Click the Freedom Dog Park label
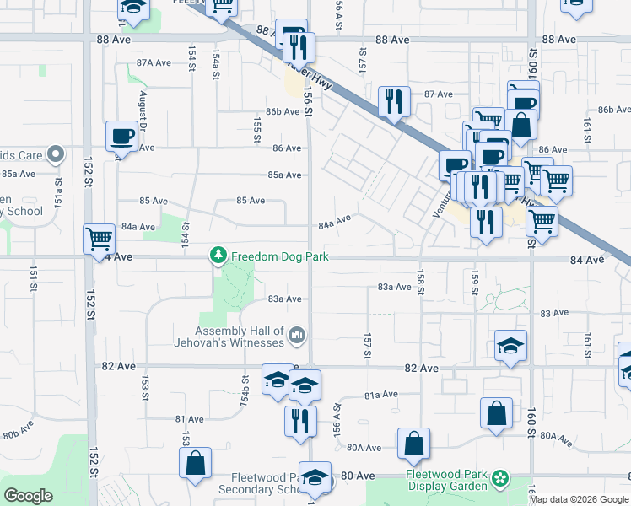[x=279, y=256]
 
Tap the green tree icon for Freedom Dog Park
[x=218, y=255]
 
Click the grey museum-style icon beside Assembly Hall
[x=296, y=337]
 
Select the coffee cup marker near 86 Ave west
[x=122, y=136]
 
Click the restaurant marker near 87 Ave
[x=394, y=102]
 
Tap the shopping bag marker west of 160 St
[x=497, y=413]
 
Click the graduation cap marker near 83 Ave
[x=511, y=346]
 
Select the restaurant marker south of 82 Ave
[x=299, y=420]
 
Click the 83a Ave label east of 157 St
[x=394, y=287]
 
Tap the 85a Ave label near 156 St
[x=285, y=175]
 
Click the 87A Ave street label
[x=154, y=62]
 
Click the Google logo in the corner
[x=28, y=496]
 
